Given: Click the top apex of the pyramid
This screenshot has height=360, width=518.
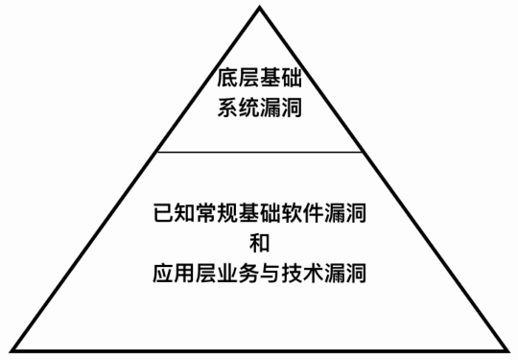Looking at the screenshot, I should pos(259,7).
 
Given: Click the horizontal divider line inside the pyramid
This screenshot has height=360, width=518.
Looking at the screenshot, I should pos(259,152).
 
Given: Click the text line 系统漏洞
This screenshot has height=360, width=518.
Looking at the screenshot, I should pos(259,108).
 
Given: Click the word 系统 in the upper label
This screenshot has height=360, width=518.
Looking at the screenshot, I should pos(235,108).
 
